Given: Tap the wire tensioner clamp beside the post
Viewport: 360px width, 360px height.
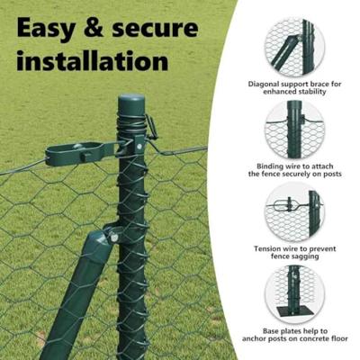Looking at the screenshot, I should pos(85,151).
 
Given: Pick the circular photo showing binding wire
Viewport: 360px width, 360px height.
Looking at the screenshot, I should pos(294,130).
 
